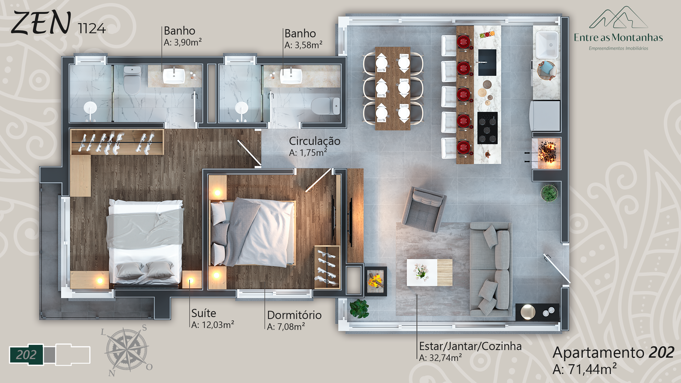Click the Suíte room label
coord(203,313)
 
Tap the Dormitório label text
coord(294,315)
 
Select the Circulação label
coord(315,141)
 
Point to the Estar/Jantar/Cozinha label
coord(470,346)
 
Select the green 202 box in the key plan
coord(26,355)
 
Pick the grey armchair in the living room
coord(424,209)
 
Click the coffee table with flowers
coord(429,273)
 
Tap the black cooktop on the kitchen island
coord(487,128)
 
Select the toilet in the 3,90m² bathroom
coord(132,80)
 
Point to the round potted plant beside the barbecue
coord(549,194)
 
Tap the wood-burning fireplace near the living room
coord(376,281)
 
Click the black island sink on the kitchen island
coord(487,62)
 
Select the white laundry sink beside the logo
coord(547,45)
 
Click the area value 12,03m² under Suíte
coord(213,325)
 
